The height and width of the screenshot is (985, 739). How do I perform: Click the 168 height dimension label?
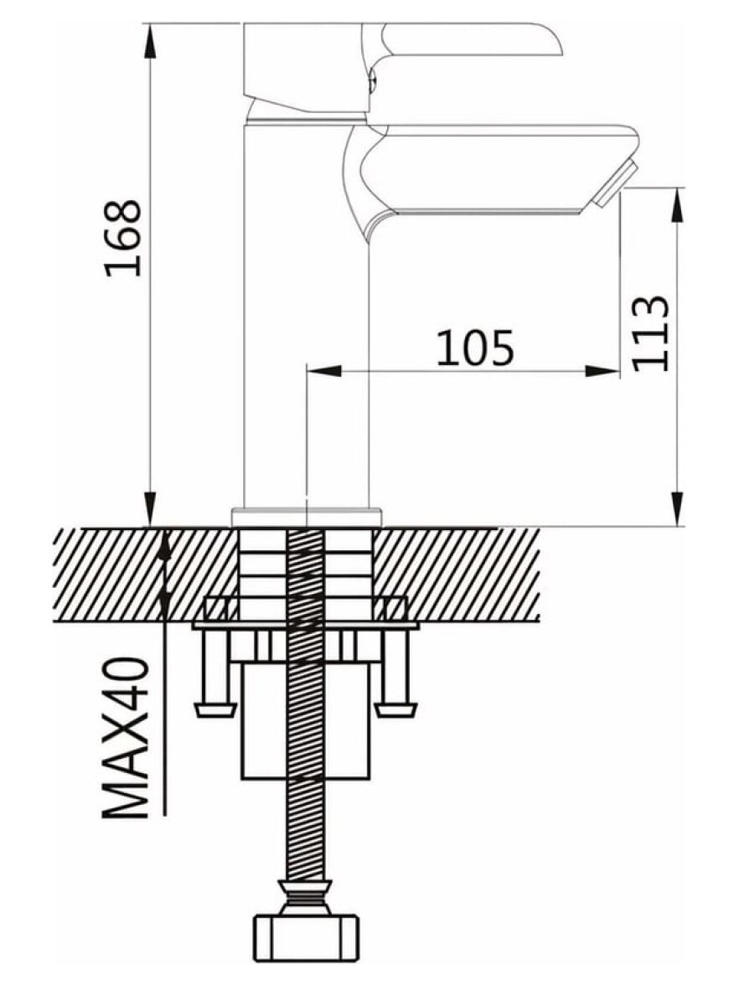tap(123, 238)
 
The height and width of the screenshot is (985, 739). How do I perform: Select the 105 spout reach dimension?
tap(475, 348)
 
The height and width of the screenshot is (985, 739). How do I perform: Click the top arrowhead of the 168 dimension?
tap(152, 41)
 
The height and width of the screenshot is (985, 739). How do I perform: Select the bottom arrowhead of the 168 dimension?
tap(151, 509)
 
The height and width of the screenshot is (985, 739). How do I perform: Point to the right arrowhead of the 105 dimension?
tap(602, 371)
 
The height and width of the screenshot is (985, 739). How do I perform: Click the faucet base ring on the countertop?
tap(307, 516)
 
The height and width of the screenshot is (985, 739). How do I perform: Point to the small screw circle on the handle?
tap(372, 80)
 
